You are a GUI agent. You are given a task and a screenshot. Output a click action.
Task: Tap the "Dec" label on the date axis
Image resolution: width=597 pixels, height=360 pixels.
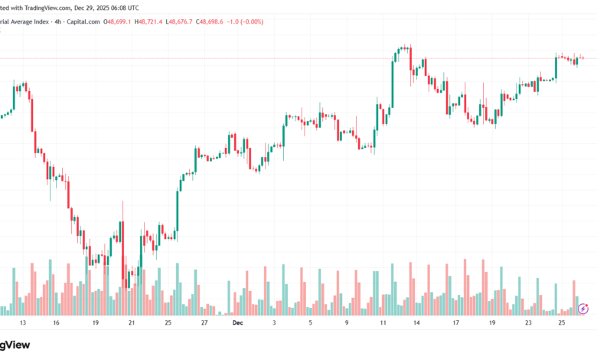coord(237,324)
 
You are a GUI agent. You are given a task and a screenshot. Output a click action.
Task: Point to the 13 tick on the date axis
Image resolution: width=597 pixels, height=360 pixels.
coord(22,324)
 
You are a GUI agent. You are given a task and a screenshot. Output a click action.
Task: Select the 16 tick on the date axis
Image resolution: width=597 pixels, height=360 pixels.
coord(56,324)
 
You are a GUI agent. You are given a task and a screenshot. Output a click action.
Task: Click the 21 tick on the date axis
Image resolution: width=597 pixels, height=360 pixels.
coord(132,324)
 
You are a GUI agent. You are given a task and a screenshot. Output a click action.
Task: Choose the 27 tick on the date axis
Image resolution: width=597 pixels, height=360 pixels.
coord(204,324)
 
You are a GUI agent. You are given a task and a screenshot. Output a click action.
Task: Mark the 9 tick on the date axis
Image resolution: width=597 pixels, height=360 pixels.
coord(347,324)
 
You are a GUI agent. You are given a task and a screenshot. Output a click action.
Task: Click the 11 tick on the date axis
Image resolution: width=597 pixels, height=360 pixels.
coord(383,324)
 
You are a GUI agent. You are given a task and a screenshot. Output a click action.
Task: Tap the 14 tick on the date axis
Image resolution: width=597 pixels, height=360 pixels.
coord(416,324)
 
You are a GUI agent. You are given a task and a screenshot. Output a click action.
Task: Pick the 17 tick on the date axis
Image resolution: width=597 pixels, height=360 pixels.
coord(455,324)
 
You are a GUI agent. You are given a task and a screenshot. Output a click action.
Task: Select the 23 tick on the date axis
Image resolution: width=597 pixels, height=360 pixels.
coord(528,324)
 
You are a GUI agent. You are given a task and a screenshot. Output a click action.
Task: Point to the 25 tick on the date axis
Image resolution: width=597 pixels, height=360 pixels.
coord(561,324)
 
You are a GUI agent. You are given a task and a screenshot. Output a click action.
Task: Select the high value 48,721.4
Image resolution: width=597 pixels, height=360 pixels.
coord(155,22)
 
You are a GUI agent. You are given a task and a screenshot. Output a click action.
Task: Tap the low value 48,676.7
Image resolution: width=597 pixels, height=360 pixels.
coord(194,22)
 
